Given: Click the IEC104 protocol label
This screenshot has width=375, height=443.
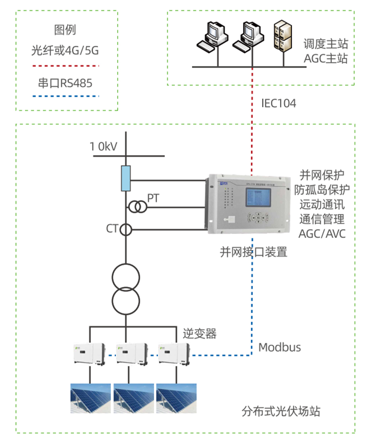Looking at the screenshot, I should pyautogui.click(x=278, y=103).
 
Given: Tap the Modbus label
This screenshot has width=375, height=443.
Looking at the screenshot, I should pyautogui.click(x=279, y=347).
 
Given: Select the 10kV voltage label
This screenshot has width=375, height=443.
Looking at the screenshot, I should pyautogui.click(x=103, y=146).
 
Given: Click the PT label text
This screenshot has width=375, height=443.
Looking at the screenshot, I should pyautogui.click(x=153, y=199).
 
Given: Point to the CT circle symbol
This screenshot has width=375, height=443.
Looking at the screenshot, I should pyautogui.click(x=126, y=230).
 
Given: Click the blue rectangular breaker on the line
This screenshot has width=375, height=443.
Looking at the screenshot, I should pyautogui.click(x=126, y=178).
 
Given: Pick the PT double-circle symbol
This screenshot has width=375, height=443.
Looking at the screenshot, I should pyautogui.click(x=138, y=207).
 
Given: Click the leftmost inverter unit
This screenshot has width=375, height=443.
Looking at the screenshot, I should pyautogui.click(x=89, y=353).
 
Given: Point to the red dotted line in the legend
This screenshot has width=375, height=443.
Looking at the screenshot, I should pyautogui.click(x=65, y=65).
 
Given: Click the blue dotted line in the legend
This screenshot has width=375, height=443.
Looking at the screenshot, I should pyautogui.click(x=65, y=97).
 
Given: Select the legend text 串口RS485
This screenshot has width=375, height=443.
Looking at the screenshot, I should pyautogui.click(x=65, y=83).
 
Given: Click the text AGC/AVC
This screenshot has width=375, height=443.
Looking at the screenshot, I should pyautogui.click(x=322, y=234).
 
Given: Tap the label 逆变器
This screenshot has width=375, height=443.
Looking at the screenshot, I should pyautogui.click(x=199, y=334).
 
